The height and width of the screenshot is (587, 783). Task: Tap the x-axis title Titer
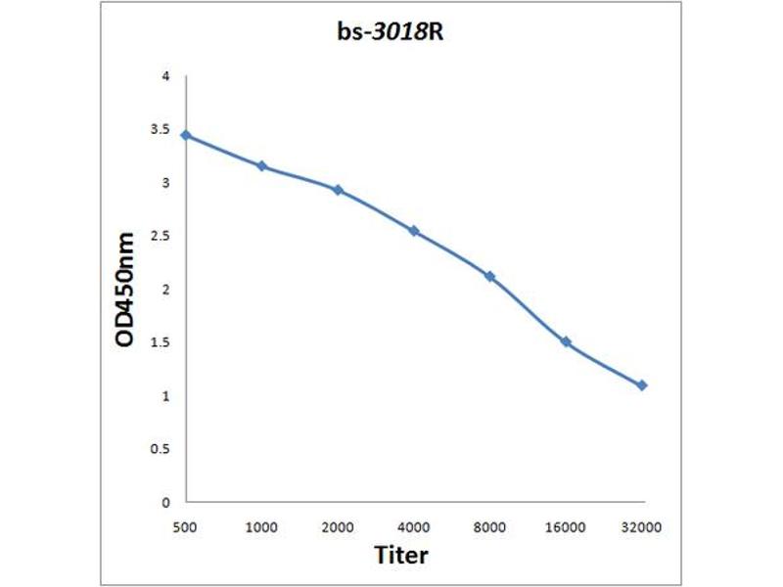(401, 556)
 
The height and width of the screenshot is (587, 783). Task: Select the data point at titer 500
(185, 135)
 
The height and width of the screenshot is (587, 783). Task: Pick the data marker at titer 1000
(261, 166)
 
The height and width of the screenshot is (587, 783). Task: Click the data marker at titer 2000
(338, 190)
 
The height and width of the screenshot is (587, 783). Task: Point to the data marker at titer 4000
(414, 231)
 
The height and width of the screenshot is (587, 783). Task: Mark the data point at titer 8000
(490, 277)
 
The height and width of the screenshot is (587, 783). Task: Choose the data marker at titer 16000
(566, 342)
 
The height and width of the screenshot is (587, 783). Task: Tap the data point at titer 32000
(642, 385)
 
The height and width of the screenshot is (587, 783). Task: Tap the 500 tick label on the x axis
(185, 527)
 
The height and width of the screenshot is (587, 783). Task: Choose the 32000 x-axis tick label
(642, 527)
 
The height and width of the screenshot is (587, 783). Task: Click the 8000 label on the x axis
(490, 527)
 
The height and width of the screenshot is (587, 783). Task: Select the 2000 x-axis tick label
(338, 527)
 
